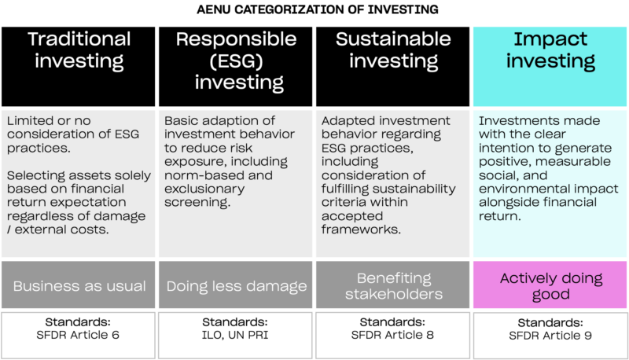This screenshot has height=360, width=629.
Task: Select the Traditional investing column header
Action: click(79, 50)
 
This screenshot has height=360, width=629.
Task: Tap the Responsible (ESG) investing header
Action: click(236, 60)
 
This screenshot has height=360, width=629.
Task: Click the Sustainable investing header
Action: click(392, 50)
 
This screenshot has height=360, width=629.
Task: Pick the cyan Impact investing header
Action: click(550, 50)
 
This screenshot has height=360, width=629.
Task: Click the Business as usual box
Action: click(79, 285)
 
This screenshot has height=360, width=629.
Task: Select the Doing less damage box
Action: click(236, 285)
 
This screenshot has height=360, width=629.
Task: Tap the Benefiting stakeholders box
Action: click(393, 285)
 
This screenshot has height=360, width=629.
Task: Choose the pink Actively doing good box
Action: click(550, 285)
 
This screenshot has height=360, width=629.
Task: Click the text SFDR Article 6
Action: click(79, 336)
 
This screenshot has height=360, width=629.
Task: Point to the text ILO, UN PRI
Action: click(236, 336)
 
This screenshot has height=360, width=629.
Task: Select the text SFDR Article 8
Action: click(393, 336)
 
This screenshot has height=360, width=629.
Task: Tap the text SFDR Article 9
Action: click(550, 336)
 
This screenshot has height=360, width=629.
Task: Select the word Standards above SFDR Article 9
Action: click(550, 322)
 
